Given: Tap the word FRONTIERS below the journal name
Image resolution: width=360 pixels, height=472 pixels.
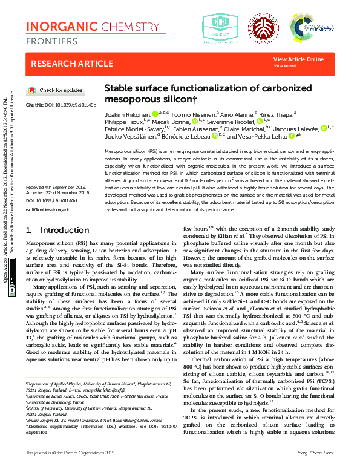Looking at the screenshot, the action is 51,41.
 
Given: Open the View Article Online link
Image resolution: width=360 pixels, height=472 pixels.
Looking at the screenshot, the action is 298,59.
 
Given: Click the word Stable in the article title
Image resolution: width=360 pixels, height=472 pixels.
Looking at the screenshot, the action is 120,88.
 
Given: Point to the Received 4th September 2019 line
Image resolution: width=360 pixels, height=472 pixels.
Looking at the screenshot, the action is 55,172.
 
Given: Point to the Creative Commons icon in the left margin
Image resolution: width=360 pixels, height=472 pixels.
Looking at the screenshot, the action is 13,290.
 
